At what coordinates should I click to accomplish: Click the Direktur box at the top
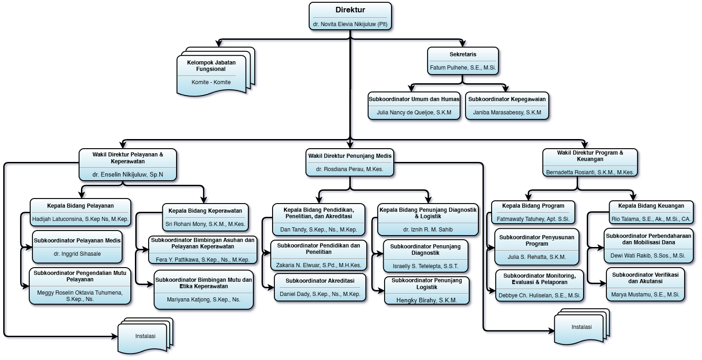(x=350, y=16)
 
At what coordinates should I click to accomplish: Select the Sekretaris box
(x=463, y=61)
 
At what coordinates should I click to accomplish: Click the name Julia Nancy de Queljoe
(x=414, y=113)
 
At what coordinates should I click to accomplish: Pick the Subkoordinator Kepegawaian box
(x=507, y=106)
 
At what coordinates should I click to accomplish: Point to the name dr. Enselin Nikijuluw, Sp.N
(x=128, y=174)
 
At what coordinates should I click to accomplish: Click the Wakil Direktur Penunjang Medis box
(x=350, y=162)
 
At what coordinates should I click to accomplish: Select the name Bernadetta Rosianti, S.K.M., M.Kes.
(x=590, y=172)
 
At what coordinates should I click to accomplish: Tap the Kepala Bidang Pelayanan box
(x=80, y=212)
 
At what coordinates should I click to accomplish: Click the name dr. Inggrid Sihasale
(x=77, y=254)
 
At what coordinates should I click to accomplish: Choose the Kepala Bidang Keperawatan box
(x=205, y=217)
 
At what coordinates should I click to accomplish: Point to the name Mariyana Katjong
(x=204, y=300)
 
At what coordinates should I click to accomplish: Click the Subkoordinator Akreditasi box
(x=320, y=287)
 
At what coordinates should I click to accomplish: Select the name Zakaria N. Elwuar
(x=319, y=265)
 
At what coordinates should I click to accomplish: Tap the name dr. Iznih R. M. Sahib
(x=428, y=230)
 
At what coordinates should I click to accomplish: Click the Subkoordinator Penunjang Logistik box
(x=427, y=290)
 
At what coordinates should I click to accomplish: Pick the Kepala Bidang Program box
(x=533, y=212)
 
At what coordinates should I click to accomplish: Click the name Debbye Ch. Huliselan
(x=540, y=296)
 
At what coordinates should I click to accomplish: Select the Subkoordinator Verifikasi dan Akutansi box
(x=645, y=285)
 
